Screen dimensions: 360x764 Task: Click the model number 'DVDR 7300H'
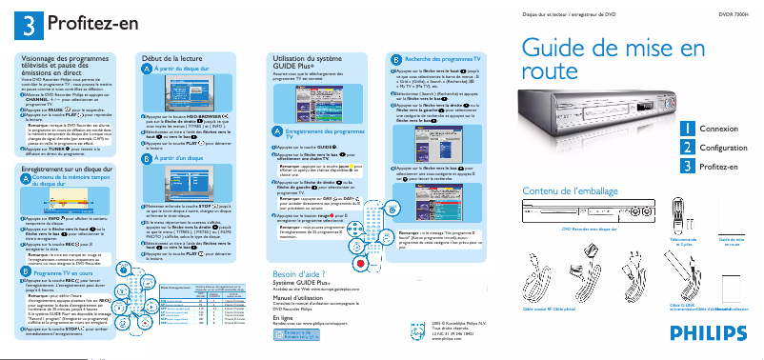734,15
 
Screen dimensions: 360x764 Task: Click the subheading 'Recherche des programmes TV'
444,59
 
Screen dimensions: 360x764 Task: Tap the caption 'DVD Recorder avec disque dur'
589,230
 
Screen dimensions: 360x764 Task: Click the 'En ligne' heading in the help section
283,316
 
